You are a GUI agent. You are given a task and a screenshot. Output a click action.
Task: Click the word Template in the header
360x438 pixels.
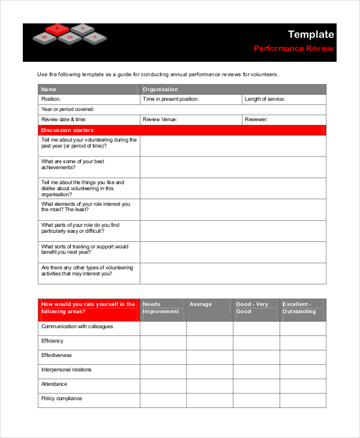310,35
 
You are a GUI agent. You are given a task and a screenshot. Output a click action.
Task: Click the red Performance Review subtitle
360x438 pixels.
293,49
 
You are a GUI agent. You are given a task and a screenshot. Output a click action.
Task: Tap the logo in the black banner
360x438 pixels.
69,34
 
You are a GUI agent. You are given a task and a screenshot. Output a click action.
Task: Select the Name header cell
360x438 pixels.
49,89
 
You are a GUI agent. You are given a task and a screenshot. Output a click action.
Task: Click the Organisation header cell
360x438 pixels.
160,89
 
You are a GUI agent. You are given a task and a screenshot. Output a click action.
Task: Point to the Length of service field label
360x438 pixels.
265,100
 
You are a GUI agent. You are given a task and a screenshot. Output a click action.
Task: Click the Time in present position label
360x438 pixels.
170,100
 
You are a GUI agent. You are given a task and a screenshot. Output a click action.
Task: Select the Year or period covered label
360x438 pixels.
68,110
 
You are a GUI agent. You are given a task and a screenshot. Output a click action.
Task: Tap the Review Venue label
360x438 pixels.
160,120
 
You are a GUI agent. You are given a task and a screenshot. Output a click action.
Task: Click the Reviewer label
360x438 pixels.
256,120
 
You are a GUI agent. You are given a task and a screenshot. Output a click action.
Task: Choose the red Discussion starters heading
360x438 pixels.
67,130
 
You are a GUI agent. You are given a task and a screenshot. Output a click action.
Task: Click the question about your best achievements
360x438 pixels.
73,165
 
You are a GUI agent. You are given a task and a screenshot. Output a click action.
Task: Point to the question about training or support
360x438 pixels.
85,250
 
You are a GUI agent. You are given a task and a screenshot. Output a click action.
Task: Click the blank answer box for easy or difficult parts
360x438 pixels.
233,231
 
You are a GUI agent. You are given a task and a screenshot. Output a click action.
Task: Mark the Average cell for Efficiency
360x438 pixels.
209,343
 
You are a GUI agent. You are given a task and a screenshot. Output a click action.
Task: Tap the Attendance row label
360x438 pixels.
54,384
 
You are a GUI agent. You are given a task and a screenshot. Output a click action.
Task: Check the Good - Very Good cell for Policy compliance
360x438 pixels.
256,400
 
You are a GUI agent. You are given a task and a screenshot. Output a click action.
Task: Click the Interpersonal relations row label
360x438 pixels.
66,370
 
